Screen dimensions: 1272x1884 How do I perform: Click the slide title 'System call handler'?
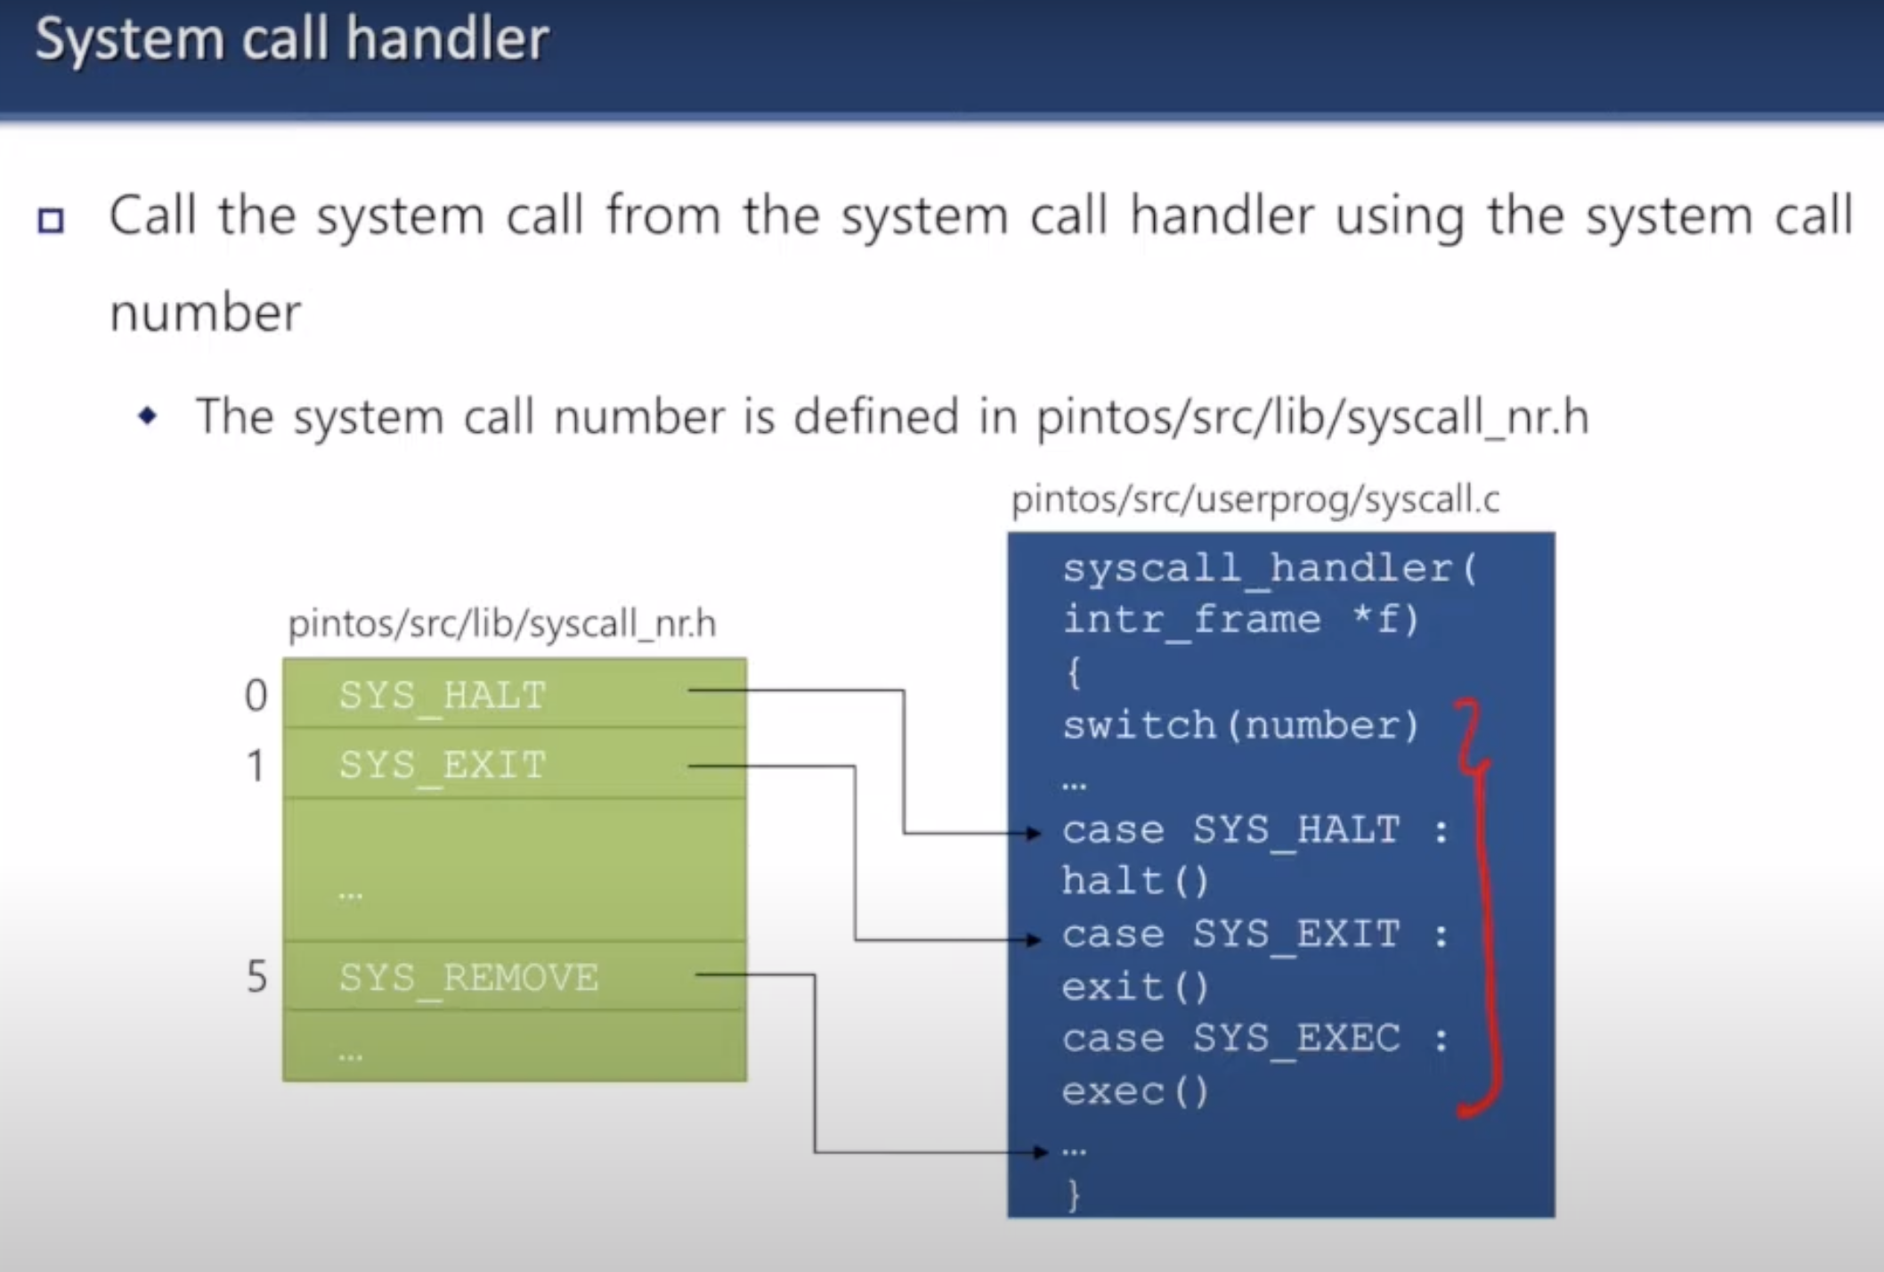[291, 39]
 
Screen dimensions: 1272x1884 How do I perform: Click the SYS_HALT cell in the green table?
[443, 695]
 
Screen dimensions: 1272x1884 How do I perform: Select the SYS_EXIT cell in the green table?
[443, 764]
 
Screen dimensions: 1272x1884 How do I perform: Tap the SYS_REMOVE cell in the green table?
[468, 977]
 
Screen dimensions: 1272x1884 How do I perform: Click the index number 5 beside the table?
[256, 977]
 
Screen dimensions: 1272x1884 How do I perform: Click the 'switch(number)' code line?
[1240, 725]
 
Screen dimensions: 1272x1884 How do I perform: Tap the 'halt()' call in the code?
[1135, 882]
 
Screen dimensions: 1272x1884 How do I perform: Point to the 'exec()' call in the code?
[1135, 1091]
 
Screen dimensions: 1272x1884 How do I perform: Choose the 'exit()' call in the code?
[1135, 987]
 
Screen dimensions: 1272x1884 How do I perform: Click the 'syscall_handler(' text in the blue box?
[1270, 568]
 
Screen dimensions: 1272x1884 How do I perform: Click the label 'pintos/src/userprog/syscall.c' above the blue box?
[1255, 500]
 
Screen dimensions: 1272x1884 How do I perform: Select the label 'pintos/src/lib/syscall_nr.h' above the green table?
[502, 624]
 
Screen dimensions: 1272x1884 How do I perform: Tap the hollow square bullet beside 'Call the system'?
[51, 220]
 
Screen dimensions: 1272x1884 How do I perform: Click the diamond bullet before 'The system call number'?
[148, 415]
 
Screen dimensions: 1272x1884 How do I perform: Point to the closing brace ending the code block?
[1074, 1195]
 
